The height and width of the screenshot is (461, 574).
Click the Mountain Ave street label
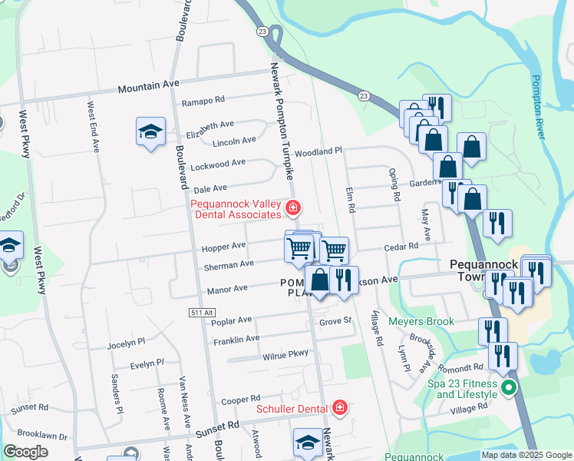coord(148,88)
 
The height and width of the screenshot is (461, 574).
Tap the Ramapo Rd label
coord(203,101)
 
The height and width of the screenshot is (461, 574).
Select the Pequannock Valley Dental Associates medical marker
coord(292,207)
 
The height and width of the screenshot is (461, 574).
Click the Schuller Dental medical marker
coord(339,409)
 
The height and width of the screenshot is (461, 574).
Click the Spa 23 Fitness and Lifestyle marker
coord(508,390)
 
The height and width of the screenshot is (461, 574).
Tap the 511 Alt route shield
coord(198,313)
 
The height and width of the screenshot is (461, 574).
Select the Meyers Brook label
coord(421,321)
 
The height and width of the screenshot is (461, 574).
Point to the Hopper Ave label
coord(223,247)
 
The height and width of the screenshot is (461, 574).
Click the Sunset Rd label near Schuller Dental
coord(221,424)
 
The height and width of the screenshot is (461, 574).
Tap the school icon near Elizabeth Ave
coord(151,132)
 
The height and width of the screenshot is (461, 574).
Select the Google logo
coord(27,452)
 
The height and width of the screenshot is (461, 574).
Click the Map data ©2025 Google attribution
coord(526,455)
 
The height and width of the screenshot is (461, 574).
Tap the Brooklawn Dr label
coord(39,433)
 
